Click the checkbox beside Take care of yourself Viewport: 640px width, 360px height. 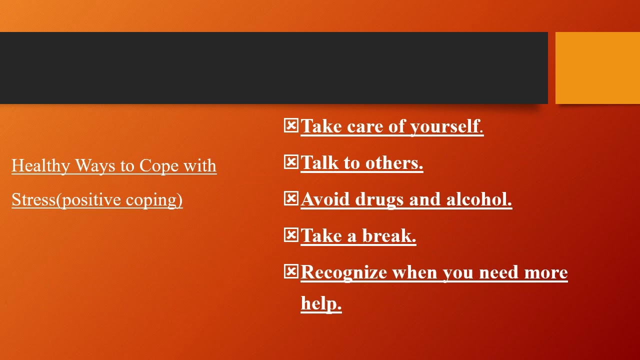coord(290,125)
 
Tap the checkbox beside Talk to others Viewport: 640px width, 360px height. coord(290,162)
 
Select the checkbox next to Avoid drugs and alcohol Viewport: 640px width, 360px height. coord(290,198)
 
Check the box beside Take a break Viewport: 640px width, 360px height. coord(290,235)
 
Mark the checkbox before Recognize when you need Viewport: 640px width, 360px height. coord(290,271)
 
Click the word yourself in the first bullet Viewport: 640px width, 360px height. coord(444,126)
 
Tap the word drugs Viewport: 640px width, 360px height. coord(379,199)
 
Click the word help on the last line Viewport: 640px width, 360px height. coord(321,303)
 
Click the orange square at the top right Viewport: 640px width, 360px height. coord(597,68)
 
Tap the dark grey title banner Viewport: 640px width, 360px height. coord(273,68)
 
